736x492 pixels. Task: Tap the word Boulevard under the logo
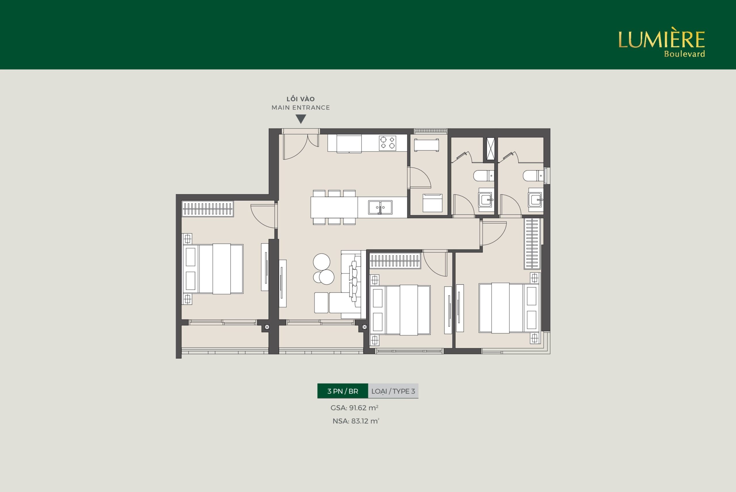coord(684,54)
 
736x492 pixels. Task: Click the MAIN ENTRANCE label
coord(300,108)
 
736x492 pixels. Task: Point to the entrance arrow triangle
coord(301,119)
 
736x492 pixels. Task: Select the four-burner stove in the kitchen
coord(387,143)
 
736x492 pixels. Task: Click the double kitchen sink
coord(380,207)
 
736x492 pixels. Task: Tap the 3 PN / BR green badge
coord(342,391)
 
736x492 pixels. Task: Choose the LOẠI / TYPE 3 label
coord(393,391)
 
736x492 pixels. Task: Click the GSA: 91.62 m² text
coord(354,408)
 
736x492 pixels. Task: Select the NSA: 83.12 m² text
coord(356,421)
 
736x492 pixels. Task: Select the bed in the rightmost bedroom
coord(509,308)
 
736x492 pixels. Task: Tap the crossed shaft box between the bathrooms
coord(490,149)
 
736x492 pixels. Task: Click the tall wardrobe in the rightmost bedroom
coord(532,244)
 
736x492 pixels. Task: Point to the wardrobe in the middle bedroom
coord(395,261)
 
